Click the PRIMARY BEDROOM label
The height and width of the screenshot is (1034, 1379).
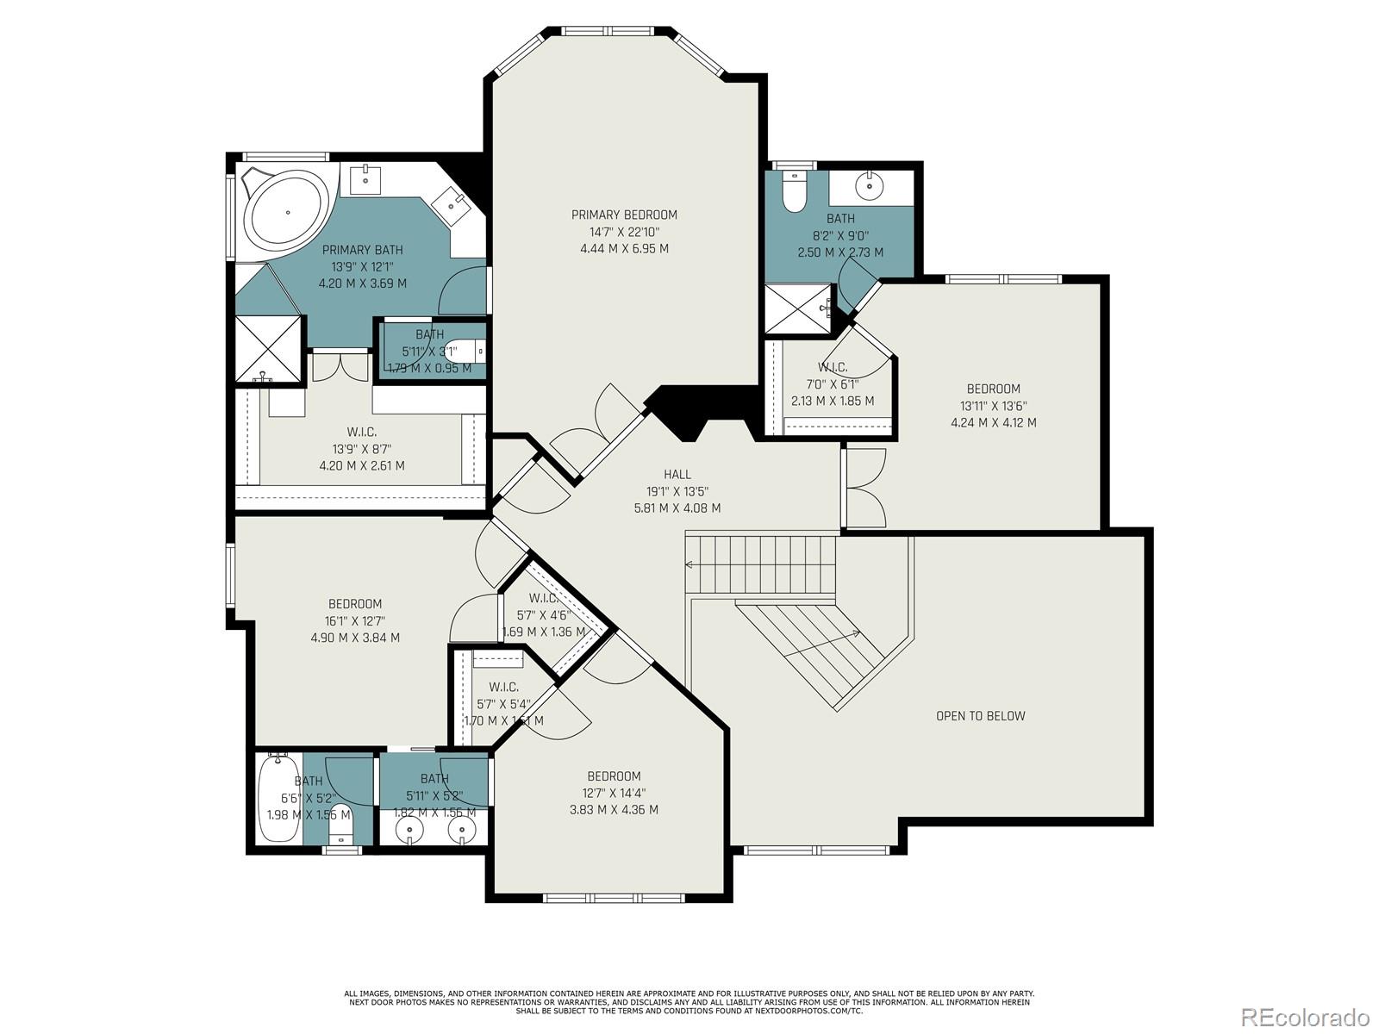coord(624,215)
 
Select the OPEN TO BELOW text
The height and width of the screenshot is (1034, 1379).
coord(980,716)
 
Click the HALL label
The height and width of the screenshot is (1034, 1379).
coord(677,474)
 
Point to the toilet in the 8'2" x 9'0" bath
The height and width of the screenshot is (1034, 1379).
coord(794,191)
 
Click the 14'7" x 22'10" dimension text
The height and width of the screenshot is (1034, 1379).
coord(624,232)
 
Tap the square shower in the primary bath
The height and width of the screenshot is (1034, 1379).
coord(269,348)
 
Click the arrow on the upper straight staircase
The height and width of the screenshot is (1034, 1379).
coord(689,565)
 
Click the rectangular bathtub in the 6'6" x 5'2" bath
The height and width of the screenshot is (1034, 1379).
coord(279,797)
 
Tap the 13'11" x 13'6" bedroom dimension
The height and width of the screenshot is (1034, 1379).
coord(993,406)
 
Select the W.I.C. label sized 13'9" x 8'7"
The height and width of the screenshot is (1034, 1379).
coord(361,432)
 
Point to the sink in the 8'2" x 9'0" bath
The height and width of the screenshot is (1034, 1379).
coord(871,184)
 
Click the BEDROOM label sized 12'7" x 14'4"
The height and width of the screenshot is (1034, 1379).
coord(614,776)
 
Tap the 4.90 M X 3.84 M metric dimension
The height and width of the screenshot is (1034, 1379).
coord(354,638)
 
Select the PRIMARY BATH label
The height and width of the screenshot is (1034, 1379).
coord(362,250)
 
